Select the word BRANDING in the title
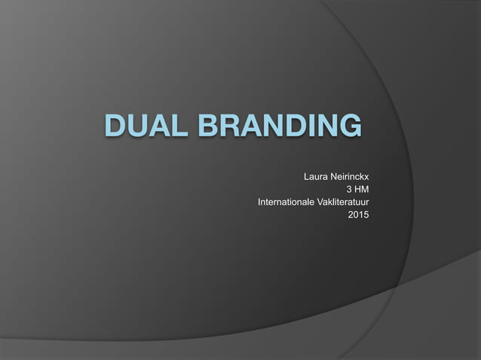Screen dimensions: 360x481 coord(274,126)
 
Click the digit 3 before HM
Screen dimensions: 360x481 coord(348,191)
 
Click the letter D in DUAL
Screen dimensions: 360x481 coord(118,126)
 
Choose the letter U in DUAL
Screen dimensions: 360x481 coord(140,126)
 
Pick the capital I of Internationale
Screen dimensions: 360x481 coord(259,203)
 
